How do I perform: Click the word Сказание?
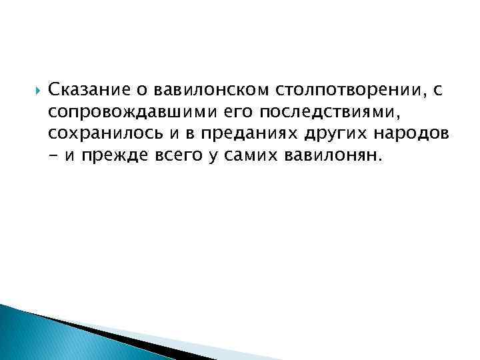pos(85,89)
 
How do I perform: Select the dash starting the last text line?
pos(53,156)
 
